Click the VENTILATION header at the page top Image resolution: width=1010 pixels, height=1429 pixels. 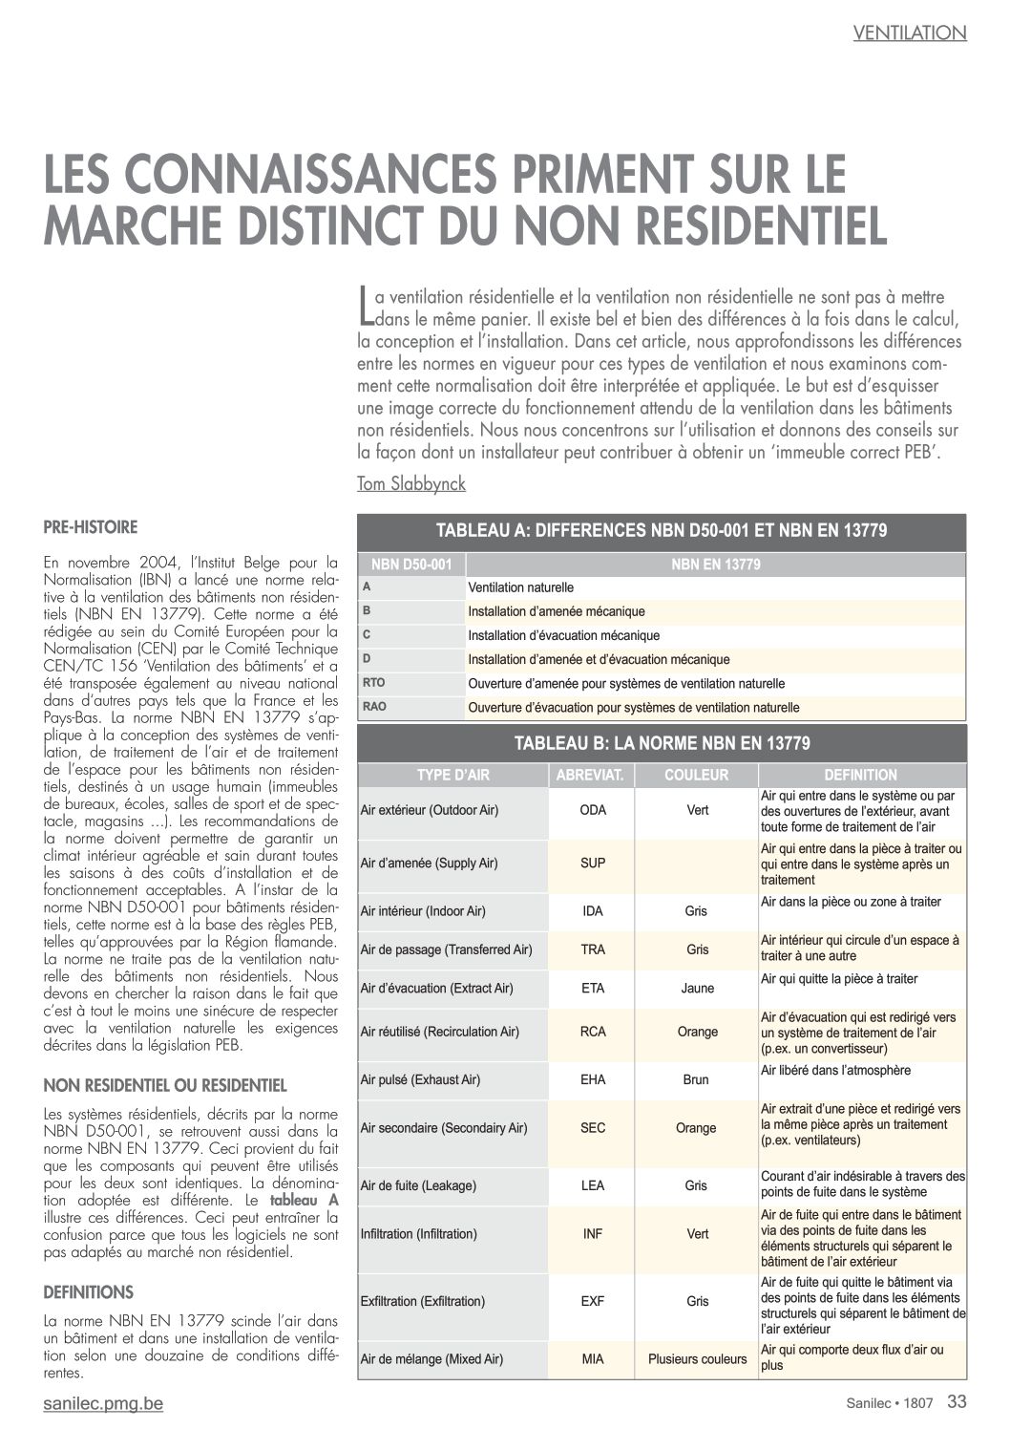(x=909, y=32)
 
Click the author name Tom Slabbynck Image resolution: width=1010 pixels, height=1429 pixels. (x=411, y=484)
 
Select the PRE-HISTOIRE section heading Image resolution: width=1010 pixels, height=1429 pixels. (x=91, y=527)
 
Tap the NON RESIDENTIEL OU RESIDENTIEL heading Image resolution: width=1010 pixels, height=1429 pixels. (x=165, y=1085)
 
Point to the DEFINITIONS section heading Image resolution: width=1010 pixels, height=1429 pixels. (x=89, y=1292)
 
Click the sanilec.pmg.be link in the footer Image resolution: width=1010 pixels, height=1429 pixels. (x=104, y=1403)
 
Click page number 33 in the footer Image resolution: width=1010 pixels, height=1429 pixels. (x=957, y=1402)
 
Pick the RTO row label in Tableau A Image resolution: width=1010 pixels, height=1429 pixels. (x=374, y=683)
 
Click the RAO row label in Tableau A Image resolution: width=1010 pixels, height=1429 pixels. (x=374, y=707)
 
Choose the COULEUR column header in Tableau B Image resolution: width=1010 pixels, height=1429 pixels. (x=696, y=775)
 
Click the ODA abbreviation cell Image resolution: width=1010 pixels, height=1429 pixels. (x=593, y=810)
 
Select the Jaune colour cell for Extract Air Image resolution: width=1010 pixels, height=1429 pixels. (x=697, y=988)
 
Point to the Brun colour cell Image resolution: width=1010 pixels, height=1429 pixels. (x=696, y=1079)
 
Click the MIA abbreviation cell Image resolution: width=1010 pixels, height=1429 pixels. (x=593, y=1358)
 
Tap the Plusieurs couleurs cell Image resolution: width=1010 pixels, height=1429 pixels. (x=697, y=1358)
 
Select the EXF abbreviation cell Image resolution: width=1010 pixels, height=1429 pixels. (x=593, y=1301)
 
